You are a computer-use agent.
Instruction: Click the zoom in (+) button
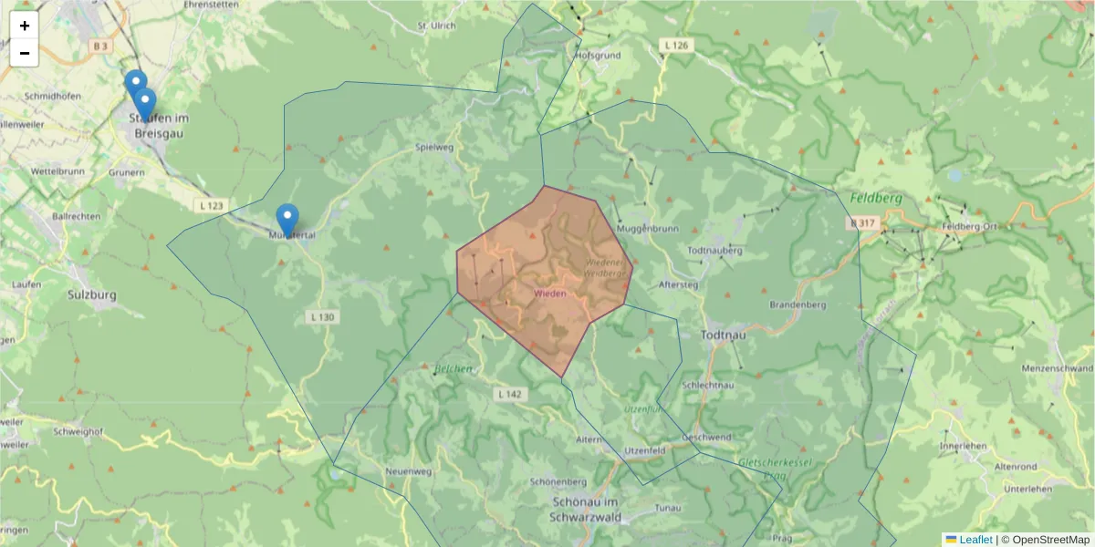[x=25, y=26]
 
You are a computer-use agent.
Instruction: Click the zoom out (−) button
[x=25, y=53]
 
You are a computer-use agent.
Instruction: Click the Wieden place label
[x=549, y=294]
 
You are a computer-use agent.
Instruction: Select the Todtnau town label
[x=725, y=335]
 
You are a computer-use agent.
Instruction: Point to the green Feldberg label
[x=875, y=198]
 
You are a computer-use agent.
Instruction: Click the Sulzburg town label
[x=91, y=295]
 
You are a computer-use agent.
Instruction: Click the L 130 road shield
[x=322, y=317]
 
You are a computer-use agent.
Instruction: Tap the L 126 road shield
[x=676, y=45]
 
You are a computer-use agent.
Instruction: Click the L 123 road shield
[x=209, y=207]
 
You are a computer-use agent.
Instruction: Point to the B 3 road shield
[x=99, y=46]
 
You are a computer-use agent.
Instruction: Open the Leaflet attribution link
[x=975, y=540]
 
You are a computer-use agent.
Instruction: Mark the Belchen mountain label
[x=454, y=369]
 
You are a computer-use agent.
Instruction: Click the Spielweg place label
[x=433, y=147]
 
